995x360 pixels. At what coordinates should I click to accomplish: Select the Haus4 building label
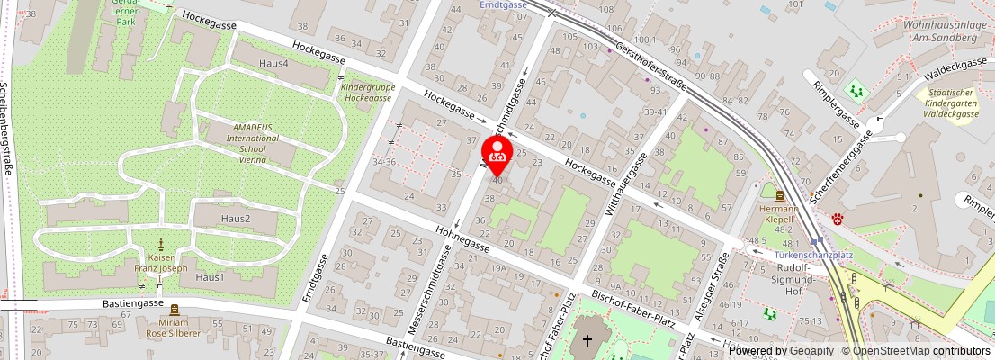(273, 64)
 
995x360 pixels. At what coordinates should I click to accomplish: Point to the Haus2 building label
(236, 219)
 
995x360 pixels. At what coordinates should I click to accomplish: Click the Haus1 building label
(210, 276)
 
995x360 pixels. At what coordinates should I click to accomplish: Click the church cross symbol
(587, 341)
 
